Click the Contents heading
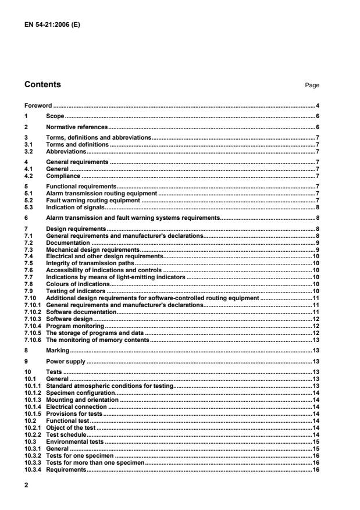[x=42, y=85]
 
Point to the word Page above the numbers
[x=312, y=85]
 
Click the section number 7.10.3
[x=33, y=319]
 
